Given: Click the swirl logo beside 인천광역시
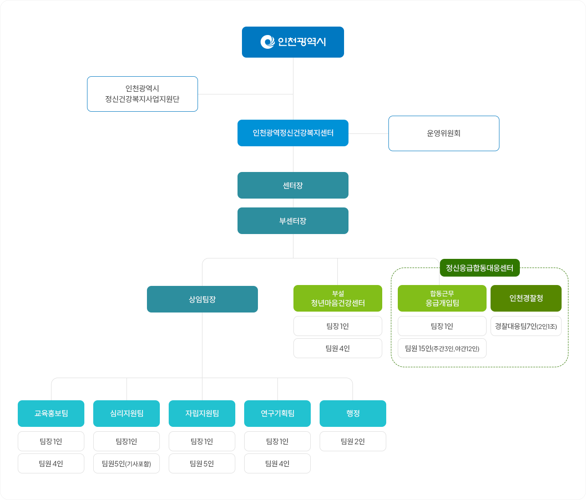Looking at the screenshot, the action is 267,42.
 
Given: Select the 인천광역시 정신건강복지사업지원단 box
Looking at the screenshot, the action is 143,94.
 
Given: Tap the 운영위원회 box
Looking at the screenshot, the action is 443,133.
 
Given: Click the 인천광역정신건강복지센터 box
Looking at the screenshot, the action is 293,133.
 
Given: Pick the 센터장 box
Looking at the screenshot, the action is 293,185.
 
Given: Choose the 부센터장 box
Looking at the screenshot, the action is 293,221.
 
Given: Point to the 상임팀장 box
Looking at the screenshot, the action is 202,299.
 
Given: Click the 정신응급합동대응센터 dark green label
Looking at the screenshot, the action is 480,268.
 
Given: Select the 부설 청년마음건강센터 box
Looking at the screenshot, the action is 338,298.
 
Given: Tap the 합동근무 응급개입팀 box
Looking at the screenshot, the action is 442,298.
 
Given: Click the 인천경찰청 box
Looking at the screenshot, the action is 526,298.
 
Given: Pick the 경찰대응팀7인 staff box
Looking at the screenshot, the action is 526,326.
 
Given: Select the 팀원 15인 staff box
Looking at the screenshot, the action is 442,348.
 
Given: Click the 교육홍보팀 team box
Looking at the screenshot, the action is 51,414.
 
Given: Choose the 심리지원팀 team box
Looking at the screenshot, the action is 127,414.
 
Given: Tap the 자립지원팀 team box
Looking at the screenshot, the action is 202,414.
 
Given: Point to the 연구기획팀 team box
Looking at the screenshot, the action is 277,414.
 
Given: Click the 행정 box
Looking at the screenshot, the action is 352,414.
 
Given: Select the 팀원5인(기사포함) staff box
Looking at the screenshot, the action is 127,464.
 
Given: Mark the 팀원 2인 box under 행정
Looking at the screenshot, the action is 352,441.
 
